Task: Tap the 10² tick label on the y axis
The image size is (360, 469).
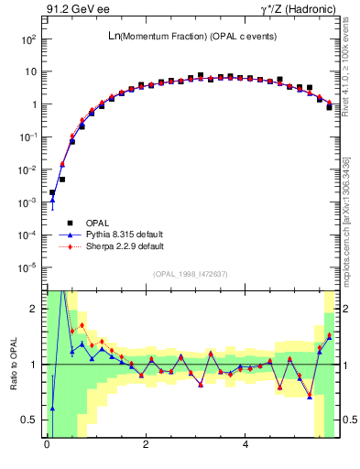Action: (x=28, y=39)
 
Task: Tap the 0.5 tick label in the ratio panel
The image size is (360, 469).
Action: (x=30, y=420)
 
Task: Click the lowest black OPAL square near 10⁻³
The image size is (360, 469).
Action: (x=52, y=193)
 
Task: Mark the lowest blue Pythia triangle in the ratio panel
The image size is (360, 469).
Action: (x=52, y=409)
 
